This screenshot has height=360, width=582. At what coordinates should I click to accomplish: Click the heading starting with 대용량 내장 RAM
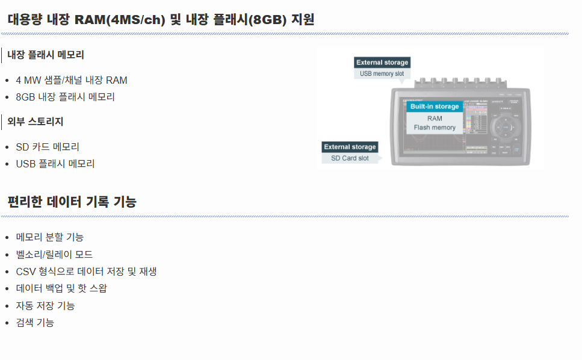[x=161, y=19]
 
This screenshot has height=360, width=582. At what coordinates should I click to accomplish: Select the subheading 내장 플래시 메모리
[x=46, y=55]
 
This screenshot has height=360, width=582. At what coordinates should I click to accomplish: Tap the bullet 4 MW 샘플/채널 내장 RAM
[x=72, y=80]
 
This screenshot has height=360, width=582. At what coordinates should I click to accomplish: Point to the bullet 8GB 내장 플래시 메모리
[x=65, y=97]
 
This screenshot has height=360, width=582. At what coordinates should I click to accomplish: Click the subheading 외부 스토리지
[x=36, y=122]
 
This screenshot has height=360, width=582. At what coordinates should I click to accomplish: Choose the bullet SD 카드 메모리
[x=48, y=147]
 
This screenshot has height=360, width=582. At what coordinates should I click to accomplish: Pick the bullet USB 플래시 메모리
[x=55, y=164]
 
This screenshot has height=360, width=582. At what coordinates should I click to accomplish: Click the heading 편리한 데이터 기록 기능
[x=72, y=202]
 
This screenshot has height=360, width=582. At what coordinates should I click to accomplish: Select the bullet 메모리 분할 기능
[x=50, y=237]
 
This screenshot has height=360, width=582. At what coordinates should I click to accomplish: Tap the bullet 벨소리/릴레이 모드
[x=54, y=255]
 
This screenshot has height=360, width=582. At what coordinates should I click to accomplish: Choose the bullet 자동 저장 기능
[x=46, y=306]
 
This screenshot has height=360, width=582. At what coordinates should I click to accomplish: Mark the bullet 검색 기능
[x=35, y=323]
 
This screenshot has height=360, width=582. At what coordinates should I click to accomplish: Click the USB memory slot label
[x=382, y=74]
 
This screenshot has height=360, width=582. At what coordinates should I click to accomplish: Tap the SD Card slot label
[x=350, y=158]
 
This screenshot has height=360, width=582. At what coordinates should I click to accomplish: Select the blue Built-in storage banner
[x=435, y=107]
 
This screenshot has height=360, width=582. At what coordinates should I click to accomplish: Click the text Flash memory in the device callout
[x=435, y=128]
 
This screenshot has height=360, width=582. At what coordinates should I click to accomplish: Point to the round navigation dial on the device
[x=506, y=127]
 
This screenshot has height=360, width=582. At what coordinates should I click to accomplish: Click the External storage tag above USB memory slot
[x=382, y=63]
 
